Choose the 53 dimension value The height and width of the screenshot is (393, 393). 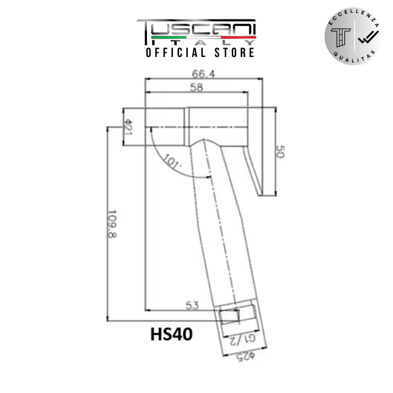tap(192, 305)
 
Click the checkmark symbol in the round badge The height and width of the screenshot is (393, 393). tap(368, 38)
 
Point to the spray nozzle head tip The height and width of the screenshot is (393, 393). tap(165, 127)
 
